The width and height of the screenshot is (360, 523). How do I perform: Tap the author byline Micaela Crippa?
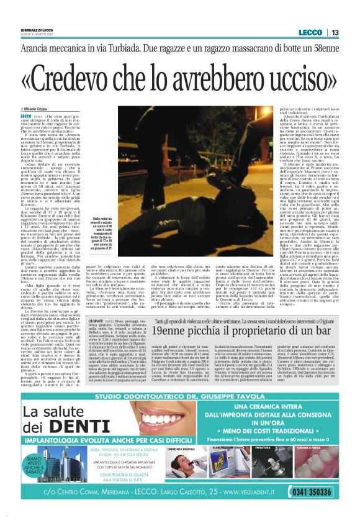pos(37,109)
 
